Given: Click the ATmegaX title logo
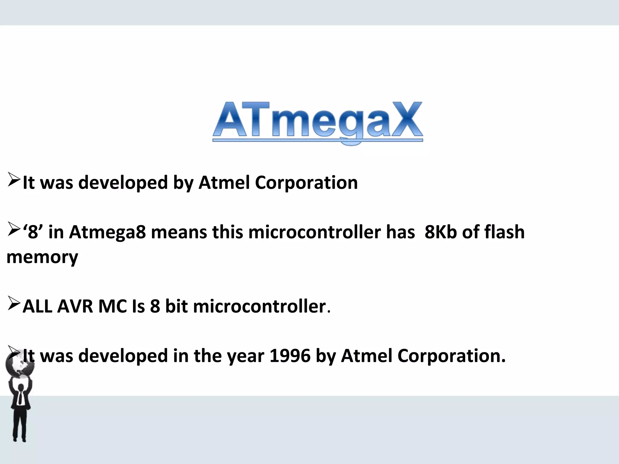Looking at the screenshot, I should pos(317,122).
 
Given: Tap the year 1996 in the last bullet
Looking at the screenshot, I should pos(290,356).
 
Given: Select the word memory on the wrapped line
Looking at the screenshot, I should pos(42,258).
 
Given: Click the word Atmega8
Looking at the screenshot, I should pos(107,233).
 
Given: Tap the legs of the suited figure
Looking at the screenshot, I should pos(20,426).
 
